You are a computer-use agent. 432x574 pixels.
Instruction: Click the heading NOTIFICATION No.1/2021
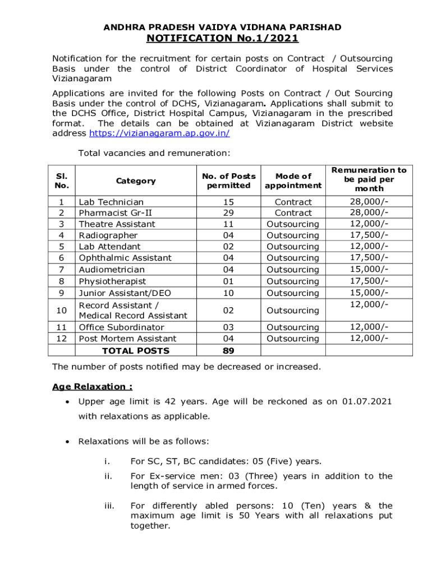click(x=222, y=38)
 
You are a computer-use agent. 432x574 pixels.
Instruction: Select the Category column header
click(x=135, y=180)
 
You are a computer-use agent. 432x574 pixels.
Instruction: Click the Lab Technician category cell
click(x=111, y=202)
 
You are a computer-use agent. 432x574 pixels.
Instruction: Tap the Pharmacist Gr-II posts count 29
click(x=228, y=213)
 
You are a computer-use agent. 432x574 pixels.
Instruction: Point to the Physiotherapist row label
click(x=112, y=281)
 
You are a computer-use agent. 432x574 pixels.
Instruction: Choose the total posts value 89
click(x=228, y=350)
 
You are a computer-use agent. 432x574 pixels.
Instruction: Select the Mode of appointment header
click(x=293, y=180)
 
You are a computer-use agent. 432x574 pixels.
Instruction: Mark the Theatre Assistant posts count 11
click(x=228, y=224)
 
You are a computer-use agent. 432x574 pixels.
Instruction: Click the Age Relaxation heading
click(x=92, y=387)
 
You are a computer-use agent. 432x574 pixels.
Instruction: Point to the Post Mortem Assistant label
click(x=127, y=339)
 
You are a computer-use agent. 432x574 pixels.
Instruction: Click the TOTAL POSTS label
click(x=135, y=351)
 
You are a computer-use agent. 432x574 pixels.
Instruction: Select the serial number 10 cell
click(x=61, y=310)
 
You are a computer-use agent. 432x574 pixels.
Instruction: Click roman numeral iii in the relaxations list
click(x=109, y=506)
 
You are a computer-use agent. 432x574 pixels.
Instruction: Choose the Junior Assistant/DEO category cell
click(x=125, y=293)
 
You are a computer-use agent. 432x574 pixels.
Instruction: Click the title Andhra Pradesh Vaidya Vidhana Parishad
click(x=222, y=27)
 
